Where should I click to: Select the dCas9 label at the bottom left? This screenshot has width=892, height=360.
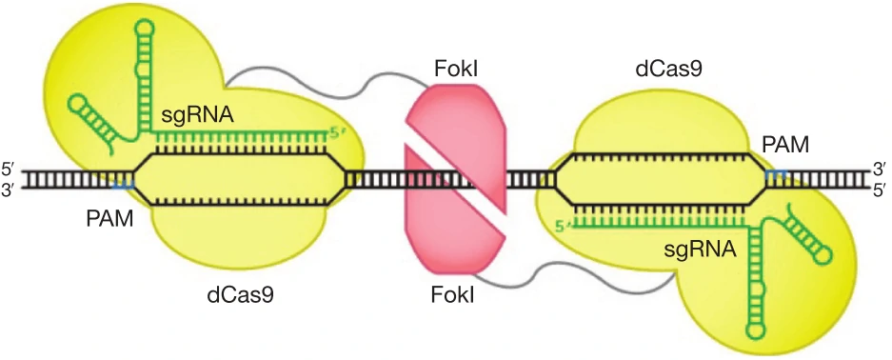[239, 295]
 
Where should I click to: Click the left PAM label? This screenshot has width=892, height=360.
[109, 218]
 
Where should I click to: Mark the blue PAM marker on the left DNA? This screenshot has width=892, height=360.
[124, 185]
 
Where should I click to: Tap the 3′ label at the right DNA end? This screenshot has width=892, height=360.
[879, 170]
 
